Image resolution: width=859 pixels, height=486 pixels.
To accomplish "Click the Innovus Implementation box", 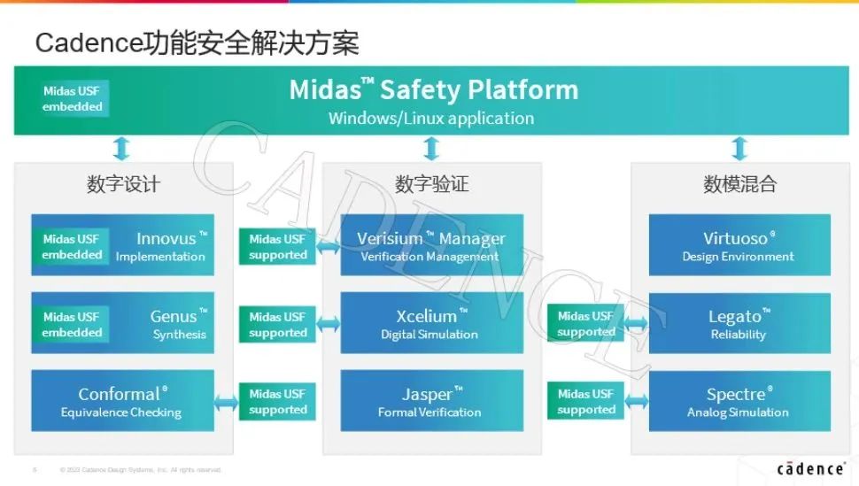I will [159, 246].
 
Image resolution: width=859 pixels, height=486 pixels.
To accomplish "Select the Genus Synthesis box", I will [168, 324].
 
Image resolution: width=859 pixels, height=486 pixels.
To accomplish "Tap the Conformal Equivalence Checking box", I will [122, 401].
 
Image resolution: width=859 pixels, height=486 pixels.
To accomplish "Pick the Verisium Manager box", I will [431, 246].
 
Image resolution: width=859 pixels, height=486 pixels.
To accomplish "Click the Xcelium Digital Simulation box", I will [431, 324].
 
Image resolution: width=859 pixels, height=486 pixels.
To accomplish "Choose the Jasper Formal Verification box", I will [431, 401].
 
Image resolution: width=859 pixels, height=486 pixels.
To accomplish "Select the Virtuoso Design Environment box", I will [739, 246].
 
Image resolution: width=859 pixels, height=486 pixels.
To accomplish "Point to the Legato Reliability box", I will [739, 324].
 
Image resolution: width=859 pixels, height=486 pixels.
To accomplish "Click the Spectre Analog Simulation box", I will [739, 401].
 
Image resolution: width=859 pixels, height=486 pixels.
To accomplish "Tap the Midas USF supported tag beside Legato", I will [585, 324].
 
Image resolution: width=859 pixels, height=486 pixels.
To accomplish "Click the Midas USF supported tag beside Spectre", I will [585, 401].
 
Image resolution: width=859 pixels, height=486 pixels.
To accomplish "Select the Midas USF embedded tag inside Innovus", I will [72, 247].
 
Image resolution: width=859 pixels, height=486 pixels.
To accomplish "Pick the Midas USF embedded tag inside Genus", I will [72, 324].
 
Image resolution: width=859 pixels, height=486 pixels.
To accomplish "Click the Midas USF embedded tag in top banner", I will [73, 98].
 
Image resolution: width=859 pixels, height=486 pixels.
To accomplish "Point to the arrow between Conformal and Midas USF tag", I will [227, 403].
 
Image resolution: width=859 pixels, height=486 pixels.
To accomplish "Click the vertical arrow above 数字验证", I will [431, 148].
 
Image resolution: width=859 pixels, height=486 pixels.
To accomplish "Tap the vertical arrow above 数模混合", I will [739, 148].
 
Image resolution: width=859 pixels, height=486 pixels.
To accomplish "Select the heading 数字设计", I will [123, 184].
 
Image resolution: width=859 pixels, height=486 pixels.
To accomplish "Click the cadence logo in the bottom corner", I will [810, 468].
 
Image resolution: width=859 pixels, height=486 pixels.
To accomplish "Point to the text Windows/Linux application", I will [431, 118].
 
